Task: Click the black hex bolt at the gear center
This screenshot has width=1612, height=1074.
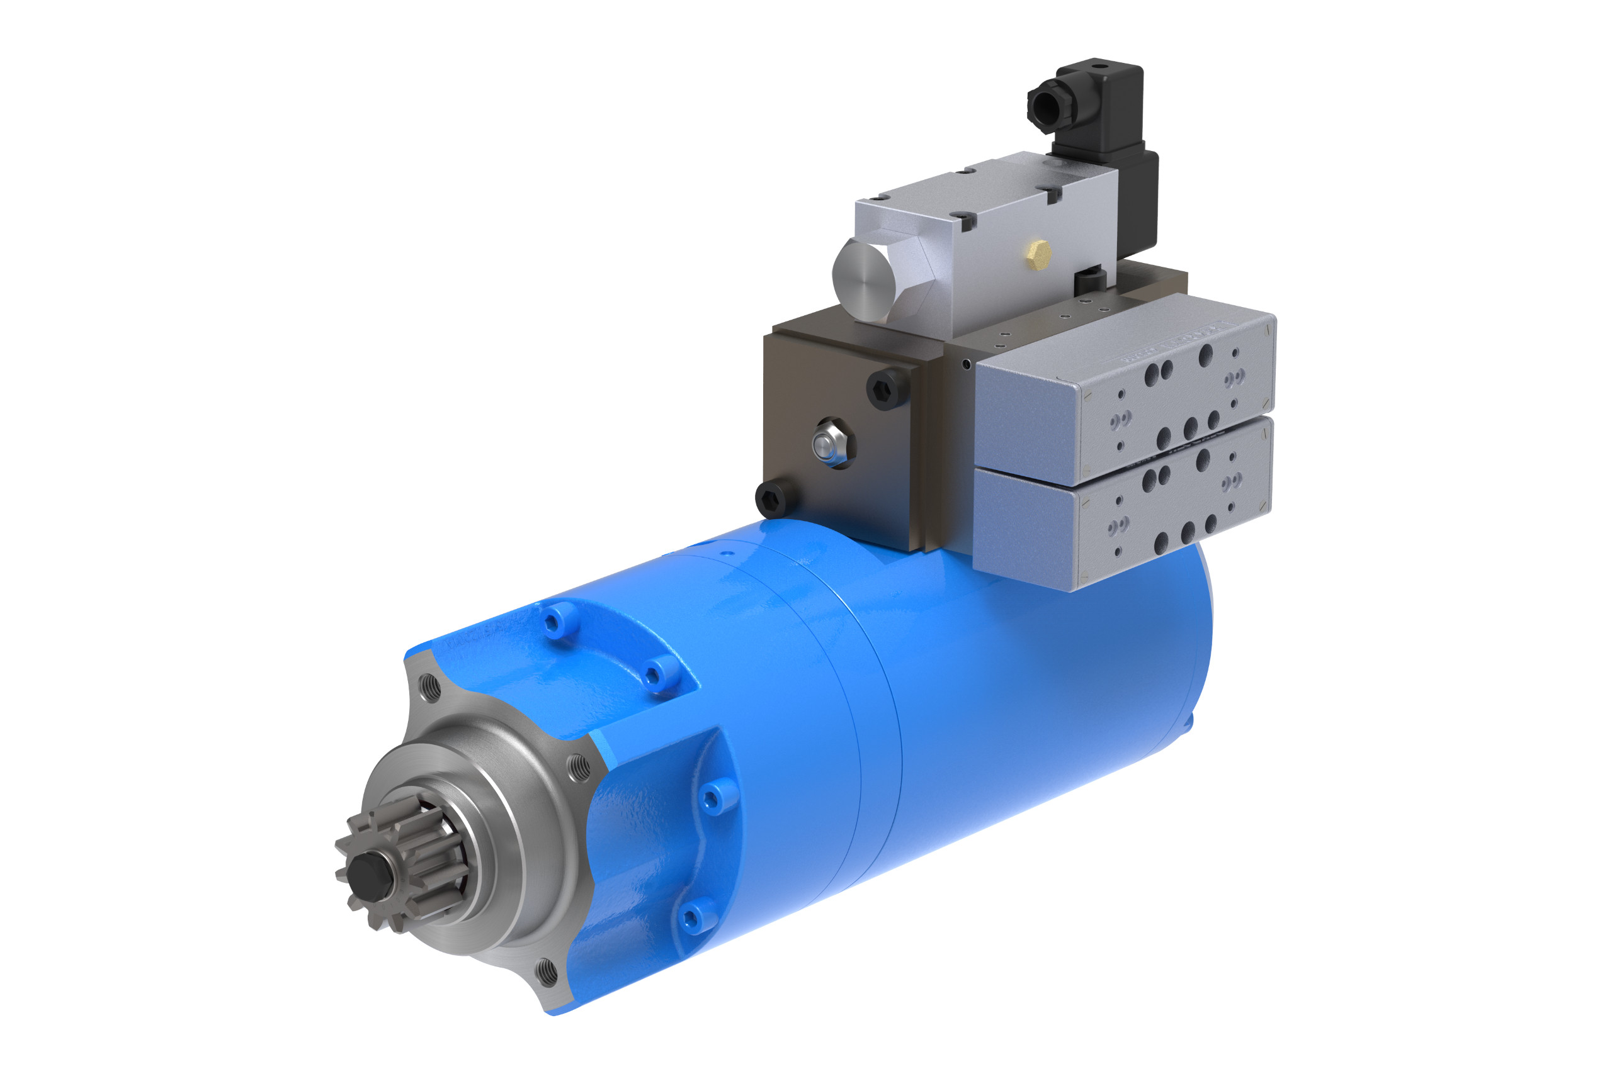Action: click(368, 876)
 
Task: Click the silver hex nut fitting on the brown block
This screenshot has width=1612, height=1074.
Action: click(831, 443)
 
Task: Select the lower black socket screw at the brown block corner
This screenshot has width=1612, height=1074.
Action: click(775, 499)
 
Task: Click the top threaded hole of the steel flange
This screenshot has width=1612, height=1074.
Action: click(429, 687)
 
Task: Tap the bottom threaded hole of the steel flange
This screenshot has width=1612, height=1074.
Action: click(546, 971)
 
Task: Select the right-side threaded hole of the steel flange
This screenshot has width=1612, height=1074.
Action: click(580, 768)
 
